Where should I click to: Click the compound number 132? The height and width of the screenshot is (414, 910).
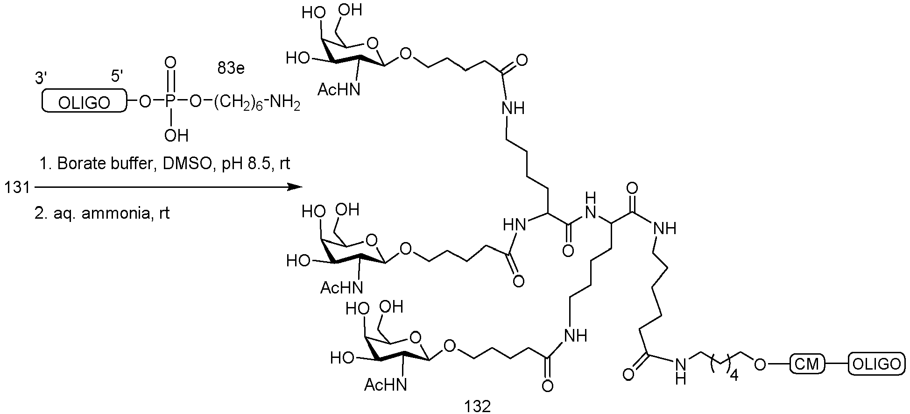[x=477, y=406]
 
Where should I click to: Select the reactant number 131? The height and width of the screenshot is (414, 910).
[x=17, y=188]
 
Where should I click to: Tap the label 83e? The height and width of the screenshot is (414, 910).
[x=231, y=69]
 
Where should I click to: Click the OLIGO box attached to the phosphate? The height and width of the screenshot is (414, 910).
[x=85, y=101]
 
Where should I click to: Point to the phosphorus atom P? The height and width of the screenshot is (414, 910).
[x=170, y=101]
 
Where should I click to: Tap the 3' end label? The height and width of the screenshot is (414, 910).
[x=42, y=78]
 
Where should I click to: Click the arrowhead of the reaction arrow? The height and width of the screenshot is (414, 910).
[x=295, y=187]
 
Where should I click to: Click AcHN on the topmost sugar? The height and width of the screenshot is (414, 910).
[x=339, y=89]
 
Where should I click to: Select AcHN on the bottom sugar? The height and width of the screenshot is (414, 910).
[x=385, y=385]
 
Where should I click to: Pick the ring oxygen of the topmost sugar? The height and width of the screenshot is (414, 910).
[x=372, y=43]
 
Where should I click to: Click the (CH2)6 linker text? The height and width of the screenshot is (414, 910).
[x=239, y=102]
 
